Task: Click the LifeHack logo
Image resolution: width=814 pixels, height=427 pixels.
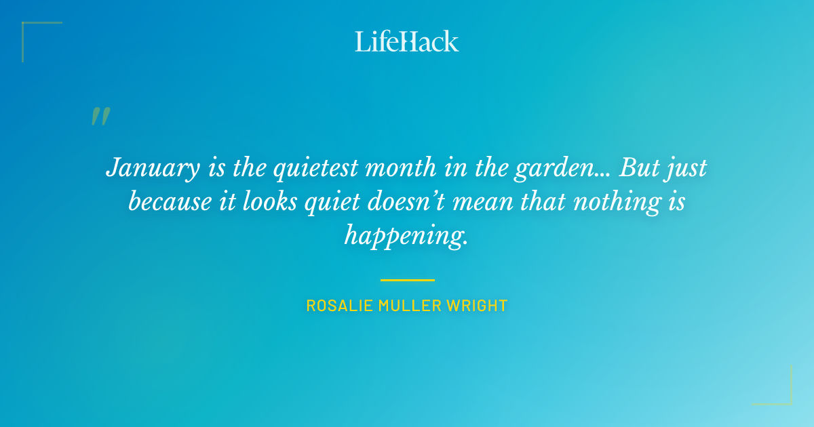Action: click(407, 41)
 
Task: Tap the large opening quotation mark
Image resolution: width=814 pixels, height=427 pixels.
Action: click(100, 117)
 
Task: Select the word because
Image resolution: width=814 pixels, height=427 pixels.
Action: click(170, 202)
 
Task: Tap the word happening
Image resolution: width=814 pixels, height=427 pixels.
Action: click(405, 235)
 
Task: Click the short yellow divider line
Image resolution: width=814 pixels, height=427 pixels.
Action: click(407, 279)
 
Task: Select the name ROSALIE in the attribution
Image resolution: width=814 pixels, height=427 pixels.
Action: click(334, 306)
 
